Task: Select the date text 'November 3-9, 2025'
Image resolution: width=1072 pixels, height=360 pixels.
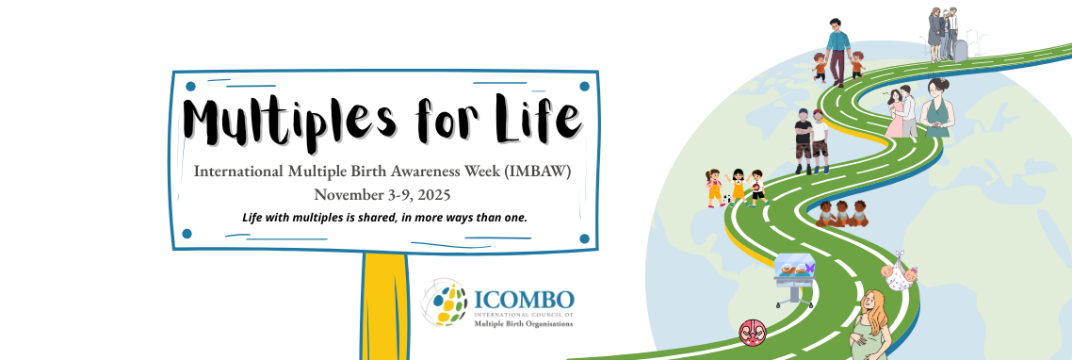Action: (x=382, y=194)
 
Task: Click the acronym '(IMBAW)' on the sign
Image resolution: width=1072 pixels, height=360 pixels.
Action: (x=538, y=172)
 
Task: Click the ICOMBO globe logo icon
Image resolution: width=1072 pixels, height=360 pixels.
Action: (x=443, y=302)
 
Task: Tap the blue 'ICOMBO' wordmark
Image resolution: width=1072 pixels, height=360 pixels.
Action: (x=524, y=300)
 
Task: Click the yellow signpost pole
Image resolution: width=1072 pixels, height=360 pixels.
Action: (x=384, y=306)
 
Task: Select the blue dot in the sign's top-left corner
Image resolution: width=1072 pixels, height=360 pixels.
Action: (x=190, y=87)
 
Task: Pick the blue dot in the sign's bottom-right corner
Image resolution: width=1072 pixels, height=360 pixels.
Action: (x=584, y=238)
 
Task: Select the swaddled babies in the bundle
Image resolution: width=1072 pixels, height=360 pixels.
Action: (x=899, y=271)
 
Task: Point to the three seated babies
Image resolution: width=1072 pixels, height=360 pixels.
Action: (x=842, y=214)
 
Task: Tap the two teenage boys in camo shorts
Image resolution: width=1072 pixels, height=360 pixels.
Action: (x=811, y=141)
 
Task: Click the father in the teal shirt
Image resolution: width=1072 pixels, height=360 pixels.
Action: (x=837, y=52)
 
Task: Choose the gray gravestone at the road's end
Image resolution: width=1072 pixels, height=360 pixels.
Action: (x=961, y=51)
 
